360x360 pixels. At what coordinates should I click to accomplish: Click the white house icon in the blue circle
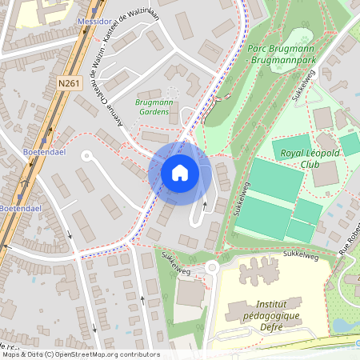click(x=180, y=172)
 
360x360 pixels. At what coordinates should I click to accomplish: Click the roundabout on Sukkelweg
click(x=211, y=268)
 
